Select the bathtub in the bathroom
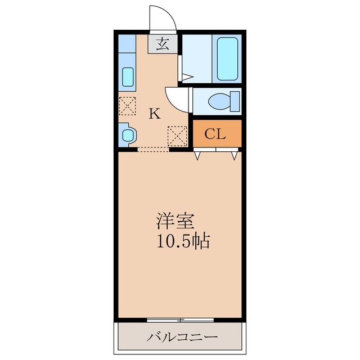pyautogui.click(x=227, y=58)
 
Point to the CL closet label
pyautogui.click(x=215, y=134)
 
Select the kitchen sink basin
pyautogui.click(x=128, y=76)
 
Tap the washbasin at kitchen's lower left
pyautogui.click(x=128, y=135)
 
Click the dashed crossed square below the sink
pyautogui.click(x=127, y=106)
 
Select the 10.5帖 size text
pyautogui.click(x=183, y=241)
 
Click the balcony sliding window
pyautogui.click(x=180, y=320)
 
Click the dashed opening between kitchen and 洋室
pyautogui.click(x=154, y=150)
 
